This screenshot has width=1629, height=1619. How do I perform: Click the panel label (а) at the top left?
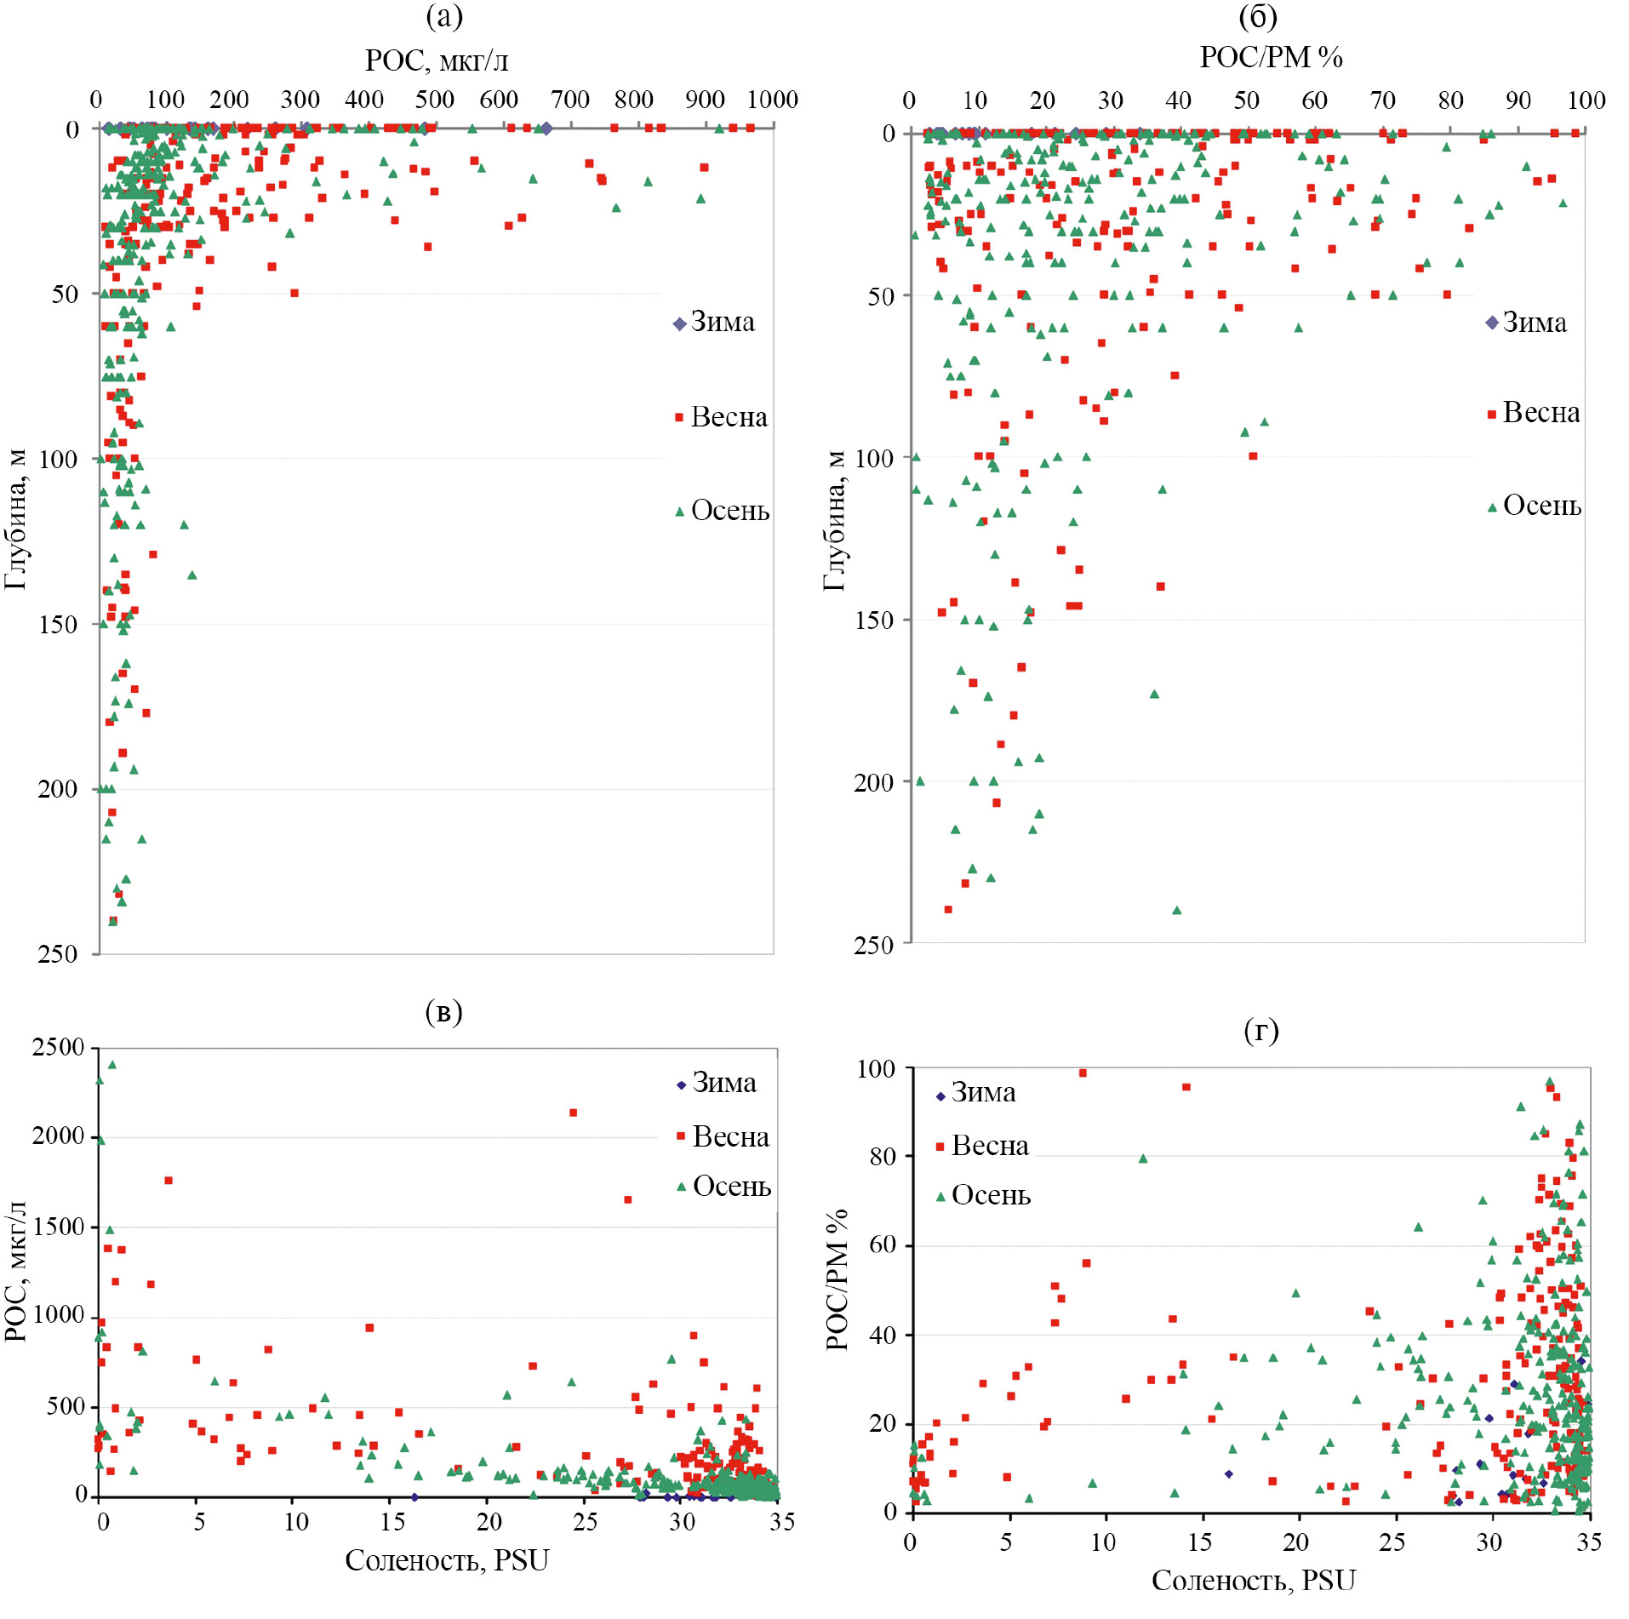pyautogui.click(x=443, y=16)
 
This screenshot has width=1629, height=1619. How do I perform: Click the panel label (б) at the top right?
pyautogui.click(x=1258, y=16)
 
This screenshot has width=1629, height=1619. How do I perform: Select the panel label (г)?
pyautogui.click(x=1260, y=1030)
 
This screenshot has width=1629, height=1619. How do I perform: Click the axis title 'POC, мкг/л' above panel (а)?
pyautogui.click(x=437, y=60)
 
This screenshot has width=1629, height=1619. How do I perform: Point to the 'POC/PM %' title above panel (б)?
pyautogui.click(x=1271, y=57)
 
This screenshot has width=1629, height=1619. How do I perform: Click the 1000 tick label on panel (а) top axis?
pyautogui.click(x=772, y=100)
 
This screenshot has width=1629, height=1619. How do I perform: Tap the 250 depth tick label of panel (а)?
pyautogui.click(x=57, y=953)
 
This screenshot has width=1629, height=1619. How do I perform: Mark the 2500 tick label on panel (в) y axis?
pyautogui.click(x=58, y=1047)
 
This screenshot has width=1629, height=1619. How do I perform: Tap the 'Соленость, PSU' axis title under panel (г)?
pyautogui.click(x=1253, y=1580)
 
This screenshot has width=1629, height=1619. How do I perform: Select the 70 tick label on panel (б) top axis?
pyautogui.click(x=1382, y=100)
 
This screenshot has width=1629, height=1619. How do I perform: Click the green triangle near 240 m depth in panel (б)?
pyautogui.click(x=1177, y=910)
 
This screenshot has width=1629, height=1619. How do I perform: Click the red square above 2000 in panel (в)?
pyautogui.click(x=574, y=1113)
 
